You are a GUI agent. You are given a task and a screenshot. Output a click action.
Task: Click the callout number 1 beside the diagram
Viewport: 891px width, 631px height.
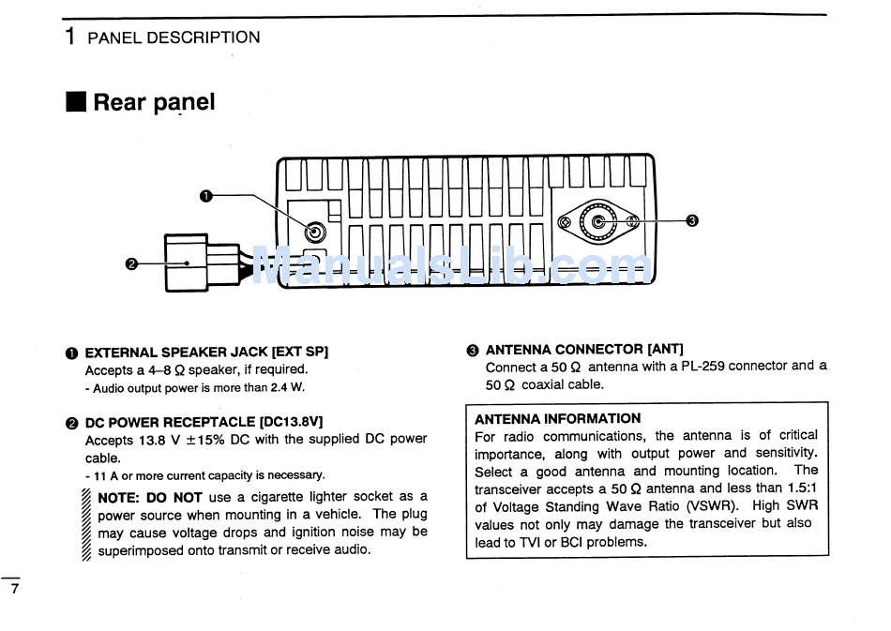207,195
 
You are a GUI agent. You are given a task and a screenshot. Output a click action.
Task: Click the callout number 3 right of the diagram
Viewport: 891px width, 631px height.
692,221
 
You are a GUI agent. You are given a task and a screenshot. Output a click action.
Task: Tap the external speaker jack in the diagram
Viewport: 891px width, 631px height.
315,233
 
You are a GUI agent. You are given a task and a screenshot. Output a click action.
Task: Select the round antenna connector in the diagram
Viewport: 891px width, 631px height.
597,222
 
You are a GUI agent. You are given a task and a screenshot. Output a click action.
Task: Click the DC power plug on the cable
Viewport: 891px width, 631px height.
201,263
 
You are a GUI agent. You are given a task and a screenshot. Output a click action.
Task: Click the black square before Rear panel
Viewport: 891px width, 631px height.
75,102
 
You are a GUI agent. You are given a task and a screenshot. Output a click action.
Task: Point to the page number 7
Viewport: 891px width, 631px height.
14,590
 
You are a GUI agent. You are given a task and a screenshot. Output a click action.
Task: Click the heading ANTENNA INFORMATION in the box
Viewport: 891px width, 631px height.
557,418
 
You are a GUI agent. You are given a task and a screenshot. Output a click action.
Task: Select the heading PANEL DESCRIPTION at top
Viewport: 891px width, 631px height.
174,38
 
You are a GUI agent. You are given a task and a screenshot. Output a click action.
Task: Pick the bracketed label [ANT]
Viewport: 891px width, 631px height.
665,349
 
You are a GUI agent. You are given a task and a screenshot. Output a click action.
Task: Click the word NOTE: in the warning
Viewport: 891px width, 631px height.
119,497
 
